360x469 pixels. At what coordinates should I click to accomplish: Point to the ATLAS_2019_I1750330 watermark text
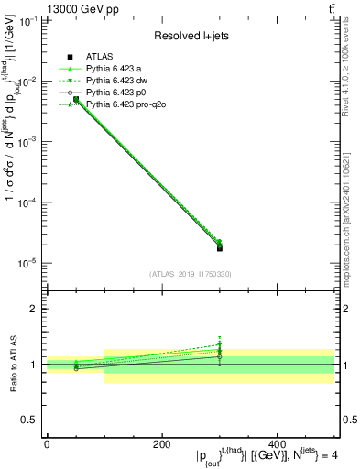tap(190, 274)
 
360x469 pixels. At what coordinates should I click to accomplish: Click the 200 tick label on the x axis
tap(161, 442)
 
